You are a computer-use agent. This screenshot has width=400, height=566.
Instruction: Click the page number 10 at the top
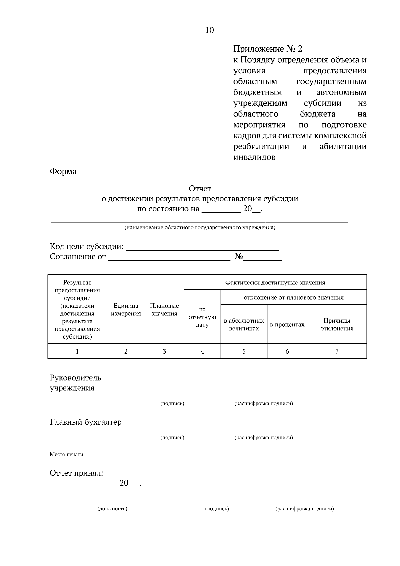click(209, 30)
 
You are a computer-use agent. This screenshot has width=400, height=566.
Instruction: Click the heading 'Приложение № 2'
click(267, 49)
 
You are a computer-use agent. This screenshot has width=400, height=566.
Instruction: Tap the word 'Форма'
click(63, 171)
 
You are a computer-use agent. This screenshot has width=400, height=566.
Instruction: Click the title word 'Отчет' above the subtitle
click(200, 189)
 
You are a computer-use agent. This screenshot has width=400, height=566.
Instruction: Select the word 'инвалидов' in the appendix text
click(254, 157)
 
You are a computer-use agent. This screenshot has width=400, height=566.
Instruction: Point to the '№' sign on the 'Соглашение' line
click(239, 257)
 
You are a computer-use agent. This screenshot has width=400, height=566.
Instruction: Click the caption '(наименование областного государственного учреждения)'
click(200, 228)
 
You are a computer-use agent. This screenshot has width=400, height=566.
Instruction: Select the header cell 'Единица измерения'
click(126, 310)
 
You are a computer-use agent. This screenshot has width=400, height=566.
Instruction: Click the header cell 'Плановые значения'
click(164, 310)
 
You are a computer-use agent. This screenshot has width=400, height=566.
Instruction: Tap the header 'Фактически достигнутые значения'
click(275, 283)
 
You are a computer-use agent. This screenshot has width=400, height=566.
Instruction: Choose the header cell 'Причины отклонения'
click(337, 324)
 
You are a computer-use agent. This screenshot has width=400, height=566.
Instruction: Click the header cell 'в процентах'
click(287, 325)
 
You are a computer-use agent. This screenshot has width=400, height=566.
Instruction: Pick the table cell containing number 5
click(244, 351)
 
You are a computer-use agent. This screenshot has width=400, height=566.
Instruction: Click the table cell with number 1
click(77, 351)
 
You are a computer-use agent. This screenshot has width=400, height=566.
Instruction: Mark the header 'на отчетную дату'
click(202, 317)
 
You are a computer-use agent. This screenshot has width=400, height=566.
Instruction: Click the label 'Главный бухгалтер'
click(86, 422)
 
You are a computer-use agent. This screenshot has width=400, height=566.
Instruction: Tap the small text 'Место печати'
click(66, 454)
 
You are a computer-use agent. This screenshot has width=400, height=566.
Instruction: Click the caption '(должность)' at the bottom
click(112, 509)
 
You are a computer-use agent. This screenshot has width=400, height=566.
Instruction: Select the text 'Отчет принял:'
click(76, 473)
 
